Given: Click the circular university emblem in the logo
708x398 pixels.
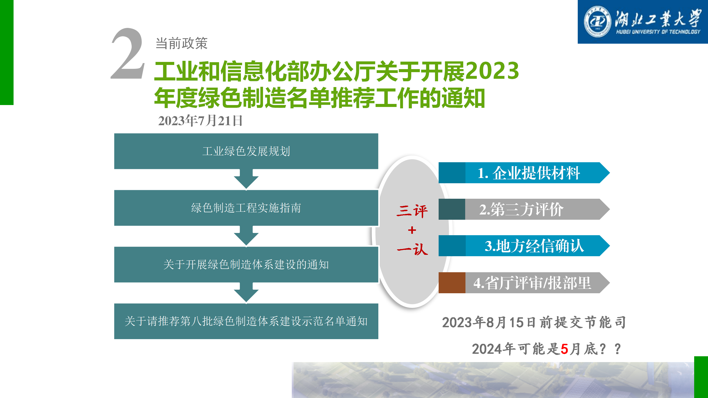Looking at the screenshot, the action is [x=597, y=22].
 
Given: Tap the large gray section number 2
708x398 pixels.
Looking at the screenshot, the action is [x=128, y=53].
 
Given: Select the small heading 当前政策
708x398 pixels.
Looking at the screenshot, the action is [x=181, y=43].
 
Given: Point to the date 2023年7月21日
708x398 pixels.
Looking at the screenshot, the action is [x=200, y=121].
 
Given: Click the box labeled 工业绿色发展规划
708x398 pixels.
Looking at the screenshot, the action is [x=246, y=151].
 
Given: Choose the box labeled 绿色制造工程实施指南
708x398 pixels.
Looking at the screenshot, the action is [x=246, y=208].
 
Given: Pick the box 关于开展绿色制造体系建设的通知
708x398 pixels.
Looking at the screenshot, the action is [x=246, y=265].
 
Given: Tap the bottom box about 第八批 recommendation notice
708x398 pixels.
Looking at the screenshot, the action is [x=246, y=321].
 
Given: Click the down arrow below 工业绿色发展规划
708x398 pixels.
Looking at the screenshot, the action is [x=246, y=179].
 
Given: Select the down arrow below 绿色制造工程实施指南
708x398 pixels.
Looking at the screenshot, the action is [x=246, y=236].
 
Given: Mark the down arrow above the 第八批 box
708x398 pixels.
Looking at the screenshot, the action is [x=246, y=292].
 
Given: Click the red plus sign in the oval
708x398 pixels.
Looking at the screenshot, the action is [x=412, y=230].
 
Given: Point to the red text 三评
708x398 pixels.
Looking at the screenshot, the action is [x=412, y=211].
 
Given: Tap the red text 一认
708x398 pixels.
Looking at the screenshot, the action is [x=412, y=249].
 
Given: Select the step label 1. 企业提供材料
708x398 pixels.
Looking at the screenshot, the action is [x=529, y=173].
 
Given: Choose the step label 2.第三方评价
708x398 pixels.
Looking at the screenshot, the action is [x=521, y=209].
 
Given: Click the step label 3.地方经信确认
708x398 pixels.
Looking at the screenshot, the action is [x=534, y=246].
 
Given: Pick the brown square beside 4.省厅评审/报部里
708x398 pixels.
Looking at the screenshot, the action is [x=452, y=283].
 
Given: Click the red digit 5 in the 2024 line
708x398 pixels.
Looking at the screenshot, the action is [x=564, y=349].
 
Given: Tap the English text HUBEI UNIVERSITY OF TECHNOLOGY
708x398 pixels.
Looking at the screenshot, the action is [x=658, y=32].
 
